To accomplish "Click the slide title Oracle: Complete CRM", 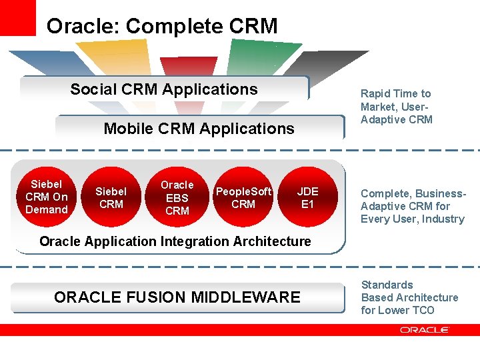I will point(162,26).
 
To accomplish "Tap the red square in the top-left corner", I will point(17,17).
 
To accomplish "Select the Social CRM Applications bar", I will point(164,89).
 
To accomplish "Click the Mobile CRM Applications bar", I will point(199,128).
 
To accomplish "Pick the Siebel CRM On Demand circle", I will point(47,197).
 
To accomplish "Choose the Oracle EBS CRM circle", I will point(177,198).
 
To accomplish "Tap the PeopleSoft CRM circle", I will point(243,198).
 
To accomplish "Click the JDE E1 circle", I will point(307,198).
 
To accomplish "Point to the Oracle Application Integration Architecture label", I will point(175,241).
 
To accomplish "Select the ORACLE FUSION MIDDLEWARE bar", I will point(177,297).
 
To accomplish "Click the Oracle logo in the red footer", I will point(425,329).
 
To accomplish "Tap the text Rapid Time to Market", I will point(396,100).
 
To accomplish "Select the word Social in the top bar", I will point(92,89).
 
